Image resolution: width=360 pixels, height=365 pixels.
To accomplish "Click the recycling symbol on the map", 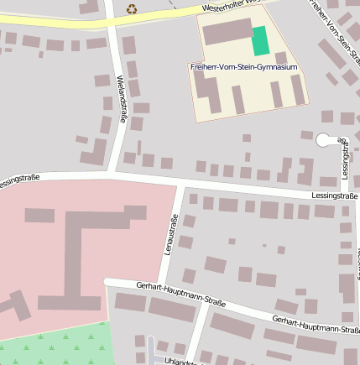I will point(132,8).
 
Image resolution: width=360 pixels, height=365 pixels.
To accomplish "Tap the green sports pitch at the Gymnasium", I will point(261,40).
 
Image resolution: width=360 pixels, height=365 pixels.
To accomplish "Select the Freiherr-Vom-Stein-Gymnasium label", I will point(244,66).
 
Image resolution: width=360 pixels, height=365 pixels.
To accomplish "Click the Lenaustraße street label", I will point(171,236).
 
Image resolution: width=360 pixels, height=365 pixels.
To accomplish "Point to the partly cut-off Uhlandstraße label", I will point(180,362).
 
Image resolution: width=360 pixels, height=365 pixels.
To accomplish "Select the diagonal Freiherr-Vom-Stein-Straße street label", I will point(333,25).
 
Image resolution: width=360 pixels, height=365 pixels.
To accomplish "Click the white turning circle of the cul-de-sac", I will point(324,141).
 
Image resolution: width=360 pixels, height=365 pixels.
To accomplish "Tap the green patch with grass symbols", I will point(59,346).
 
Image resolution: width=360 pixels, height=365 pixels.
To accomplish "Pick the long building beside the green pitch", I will point(227,33).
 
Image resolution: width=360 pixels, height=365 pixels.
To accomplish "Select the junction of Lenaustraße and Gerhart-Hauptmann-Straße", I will point(164,289).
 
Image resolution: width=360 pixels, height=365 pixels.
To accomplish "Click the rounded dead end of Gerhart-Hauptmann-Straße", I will point(107,283).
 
